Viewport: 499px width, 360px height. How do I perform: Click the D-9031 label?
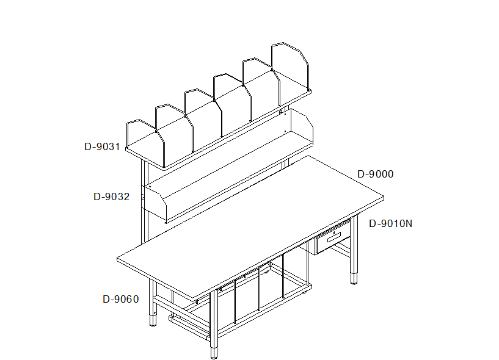point(102,146)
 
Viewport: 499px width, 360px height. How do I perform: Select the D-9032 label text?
point(111,196)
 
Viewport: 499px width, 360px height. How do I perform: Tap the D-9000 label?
point(376,174)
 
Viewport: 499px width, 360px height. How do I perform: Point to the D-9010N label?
point(390,223)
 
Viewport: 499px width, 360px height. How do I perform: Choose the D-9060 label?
point(120,299)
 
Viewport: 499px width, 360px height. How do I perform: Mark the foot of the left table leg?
point(153,320)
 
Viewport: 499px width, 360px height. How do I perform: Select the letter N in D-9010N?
point(409,223)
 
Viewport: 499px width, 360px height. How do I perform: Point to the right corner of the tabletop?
point(384,198)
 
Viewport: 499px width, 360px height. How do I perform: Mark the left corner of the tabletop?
point(117,259)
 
